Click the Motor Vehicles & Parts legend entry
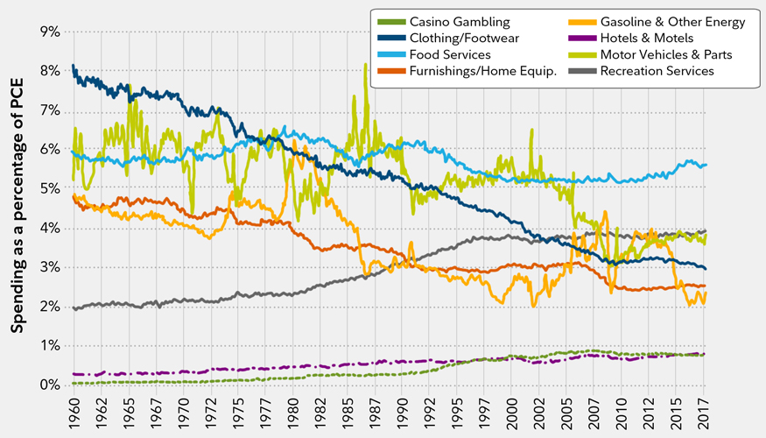pyautogui.click(x=666, y=54)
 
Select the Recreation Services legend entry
pyautogui.click(x=657, y=71)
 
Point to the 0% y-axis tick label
pyautogui.click(x=48, y=385)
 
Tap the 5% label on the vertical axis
pyautogui.click(x=48, y=189)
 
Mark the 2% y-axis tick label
pyautogui.click(x=48, y=307)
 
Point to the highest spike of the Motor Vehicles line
pyautogui.click(x=365, y=64)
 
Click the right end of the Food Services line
pyautogui.click(x=706, y=165)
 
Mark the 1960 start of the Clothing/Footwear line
pyautogui.click(x=73, y=66)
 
